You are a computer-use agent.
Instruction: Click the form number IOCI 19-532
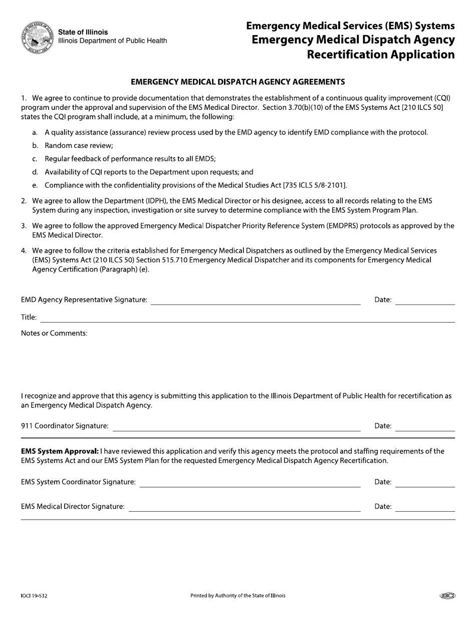[35, 596]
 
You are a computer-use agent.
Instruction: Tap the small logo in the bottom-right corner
[447, 596]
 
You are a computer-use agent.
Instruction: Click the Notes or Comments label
[54, 333]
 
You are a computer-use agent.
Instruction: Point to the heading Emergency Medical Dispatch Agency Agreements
[237, 81]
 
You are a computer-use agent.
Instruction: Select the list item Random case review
[79, 145]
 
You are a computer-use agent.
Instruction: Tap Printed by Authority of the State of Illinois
[238, 596]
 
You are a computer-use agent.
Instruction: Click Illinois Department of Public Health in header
[113, 41]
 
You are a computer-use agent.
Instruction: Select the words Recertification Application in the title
[381, 54]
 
